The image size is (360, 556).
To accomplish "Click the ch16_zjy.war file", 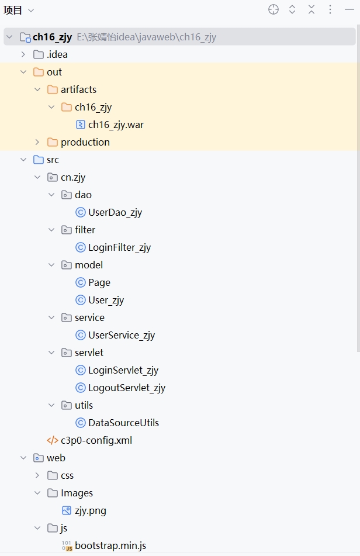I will (116, 125).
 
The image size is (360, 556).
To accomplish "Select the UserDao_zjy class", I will (115, 212).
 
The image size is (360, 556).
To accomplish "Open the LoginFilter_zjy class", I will (119, 247).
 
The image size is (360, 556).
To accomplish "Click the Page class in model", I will (99, 282).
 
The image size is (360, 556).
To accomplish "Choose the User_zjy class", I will (106, 300).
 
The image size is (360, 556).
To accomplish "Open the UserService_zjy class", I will (121, 335).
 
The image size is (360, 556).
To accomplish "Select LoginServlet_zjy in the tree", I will (123, 370).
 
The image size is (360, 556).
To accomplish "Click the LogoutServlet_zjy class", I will (126, 388).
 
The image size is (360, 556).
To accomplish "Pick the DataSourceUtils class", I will (123, 423).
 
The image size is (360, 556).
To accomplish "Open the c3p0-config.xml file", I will (96, 440).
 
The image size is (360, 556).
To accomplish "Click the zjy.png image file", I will (90, 510).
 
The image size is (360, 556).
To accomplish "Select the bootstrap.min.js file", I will (110, 545).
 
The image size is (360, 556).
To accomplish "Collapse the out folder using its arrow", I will (23, 72).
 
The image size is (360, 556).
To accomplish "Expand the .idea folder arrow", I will (23, 54).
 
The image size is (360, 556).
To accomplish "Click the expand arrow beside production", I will (37, 142).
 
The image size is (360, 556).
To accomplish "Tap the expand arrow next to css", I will (37, 475).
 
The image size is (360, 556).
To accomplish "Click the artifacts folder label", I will (78, 89).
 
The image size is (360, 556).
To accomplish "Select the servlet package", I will (89, 353).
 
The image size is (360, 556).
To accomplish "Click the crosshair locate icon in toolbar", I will (274, 9).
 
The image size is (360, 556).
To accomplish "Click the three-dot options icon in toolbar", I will (330, 9).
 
